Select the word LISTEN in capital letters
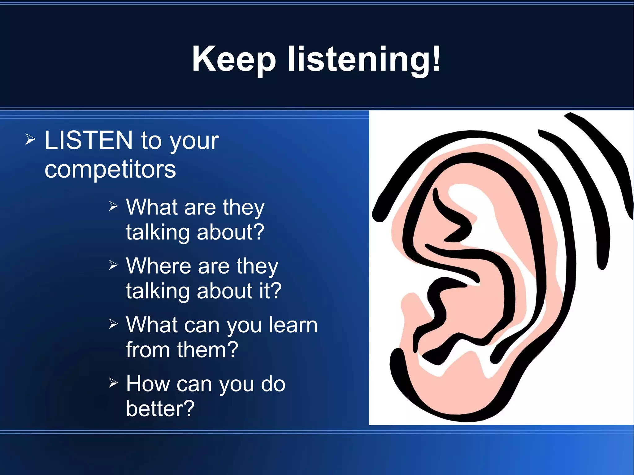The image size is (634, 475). pyautogui.click(x=89, y=140)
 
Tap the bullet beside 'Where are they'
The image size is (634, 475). pyautogui.click(x=113, y=265)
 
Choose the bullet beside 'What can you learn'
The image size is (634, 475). pyautogui.click(x=113, y=324)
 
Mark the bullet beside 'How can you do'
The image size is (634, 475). pyautogui.click(x=113, y=383)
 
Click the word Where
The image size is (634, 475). pyautogui.click(x=158, y=266)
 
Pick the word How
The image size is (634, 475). pyautogui.click(x=148, y=384)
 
